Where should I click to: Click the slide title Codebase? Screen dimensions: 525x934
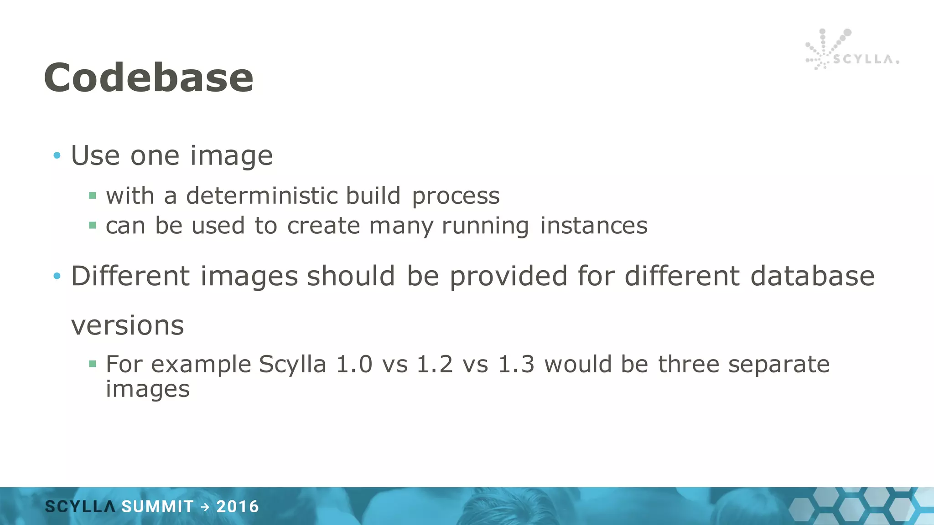(149, 77)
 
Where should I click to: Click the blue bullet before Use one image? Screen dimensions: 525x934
(57, 156)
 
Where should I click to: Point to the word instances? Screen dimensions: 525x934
(593, 226)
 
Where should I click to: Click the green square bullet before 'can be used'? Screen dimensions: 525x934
(93, 225)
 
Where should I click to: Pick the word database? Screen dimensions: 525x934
(812, 276)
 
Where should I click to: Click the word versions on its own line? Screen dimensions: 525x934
(127, 325)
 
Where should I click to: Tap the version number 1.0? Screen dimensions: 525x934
(354, 365)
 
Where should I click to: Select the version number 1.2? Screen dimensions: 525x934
(435, 365)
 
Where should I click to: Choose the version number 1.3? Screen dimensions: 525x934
(516, 365)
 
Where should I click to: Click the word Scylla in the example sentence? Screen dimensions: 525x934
(292, 365)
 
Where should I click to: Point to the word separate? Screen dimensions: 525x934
(778, 365)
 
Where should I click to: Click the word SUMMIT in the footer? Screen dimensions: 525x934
(157, 507)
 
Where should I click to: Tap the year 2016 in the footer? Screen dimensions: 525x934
(238, 507)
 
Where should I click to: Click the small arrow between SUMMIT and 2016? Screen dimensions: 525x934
(205, 507)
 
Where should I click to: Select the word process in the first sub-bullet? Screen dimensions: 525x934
(456, 196)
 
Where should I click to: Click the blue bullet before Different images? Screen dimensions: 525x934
(57, 276)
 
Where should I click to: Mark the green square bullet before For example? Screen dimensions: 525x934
(93, 364)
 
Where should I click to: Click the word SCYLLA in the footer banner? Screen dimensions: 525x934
(80, 507)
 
